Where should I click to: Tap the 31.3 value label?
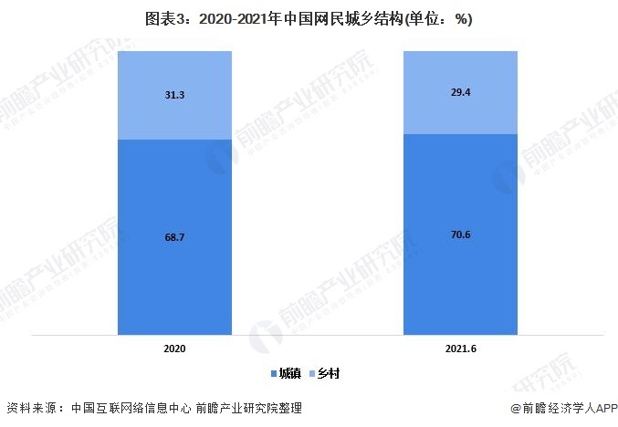click(x=174, y=94)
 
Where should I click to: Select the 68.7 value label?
click(x=174, y=236)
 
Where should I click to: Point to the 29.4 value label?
click(x=460, y=91)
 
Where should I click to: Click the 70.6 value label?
click(x=460, y=234)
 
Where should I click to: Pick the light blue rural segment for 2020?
click(x=174, y=114)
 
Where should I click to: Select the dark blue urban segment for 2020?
click(x=174, y=274)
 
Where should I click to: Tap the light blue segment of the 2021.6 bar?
click(x=460, y=114)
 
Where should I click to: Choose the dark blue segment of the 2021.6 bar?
click(x=460, y=274)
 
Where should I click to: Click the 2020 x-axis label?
click(x=174, y=349)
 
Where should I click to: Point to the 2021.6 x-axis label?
click(x=460, y=349)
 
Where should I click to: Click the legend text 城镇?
click(x=289, y=373)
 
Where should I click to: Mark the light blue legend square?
click(x=314, y=374)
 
